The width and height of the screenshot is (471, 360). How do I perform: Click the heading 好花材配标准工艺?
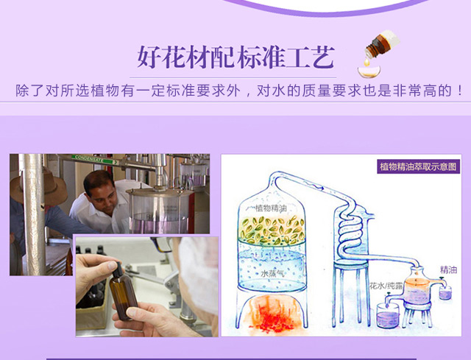click(x=235, y=57)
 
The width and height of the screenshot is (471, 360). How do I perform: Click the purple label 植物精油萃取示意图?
click(x=418, y=166)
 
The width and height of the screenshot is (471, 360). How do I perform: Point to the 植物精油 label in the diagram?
click(x=271, y=208)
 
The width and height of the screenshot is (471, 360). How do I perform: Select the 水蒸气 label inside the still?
click(x=272, y=273)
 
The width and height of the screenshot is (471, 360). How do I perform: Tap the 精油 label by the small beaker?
click(x=448, y=270)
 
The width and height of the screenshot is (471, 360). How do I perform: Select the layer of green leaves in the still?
click(x=272, y=230)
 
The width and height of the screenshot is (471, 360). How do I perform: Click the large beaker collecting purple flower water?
click(x=388, y=315)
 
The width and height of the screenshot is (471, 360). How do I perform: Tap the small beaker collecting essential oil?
click(x=445, y=292)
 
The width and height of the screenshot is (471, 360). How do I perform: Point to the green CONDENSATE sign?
click(x=95, y=160)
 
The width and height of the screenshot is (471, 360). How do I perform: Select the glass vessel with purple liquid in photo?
click(x=160, y=211)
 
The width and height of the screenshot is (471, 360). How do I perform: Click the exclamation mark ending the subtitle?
click(x=460, y=91)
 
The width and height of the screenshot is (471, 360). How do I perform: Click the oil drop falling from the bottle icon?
click(x=366, y=62)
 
